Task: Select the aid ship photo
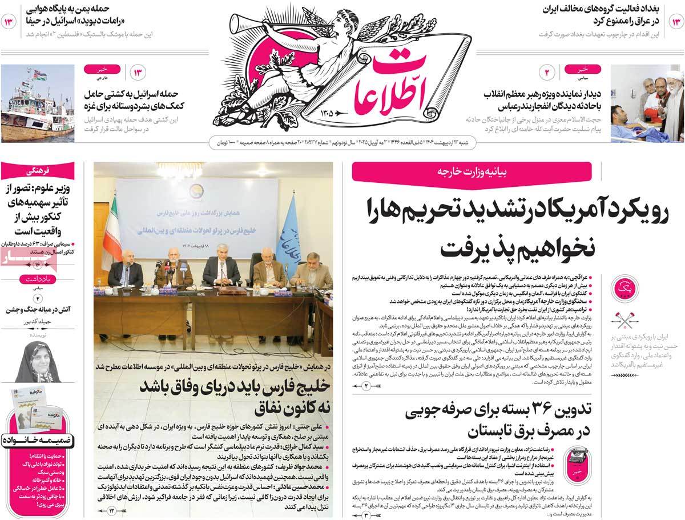coord(38,103)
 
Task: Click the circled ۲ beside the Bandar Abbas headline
coord(546,73)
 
